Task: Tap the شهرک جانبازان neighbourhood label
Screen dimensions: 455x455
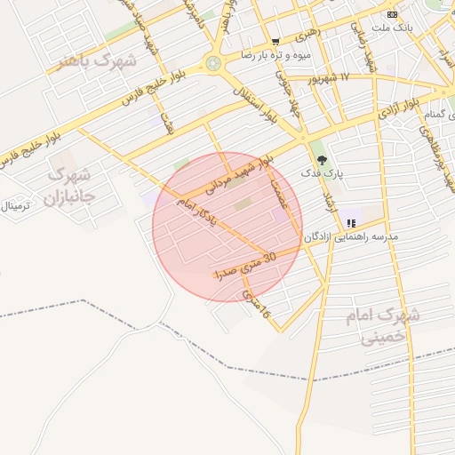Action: pyautogui.click(x=69, y=184)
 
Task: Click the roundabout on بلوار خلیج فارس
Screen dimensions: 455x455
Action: pyautogui.click(x=213, y=63)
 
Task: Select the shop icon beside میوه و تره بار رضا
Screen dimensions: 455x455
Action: pyautogui.click(x=275, y=41)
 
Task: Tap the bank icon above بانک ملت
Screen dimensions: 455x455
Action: pyautogui.click(x=392, y=14)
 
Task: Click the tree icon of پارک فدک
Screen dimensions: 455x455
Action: pyautogui.click(x=322, y=159)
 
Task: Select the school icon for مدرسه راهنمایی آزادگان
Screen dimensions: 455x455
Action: pyautogui.click(x=352, y=223)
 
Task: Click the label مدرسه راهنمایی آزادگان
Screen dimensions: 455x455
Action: pyautogui.click(x=351, y=237)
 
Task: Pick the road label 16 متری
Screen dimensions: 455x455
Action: pyautogui.click(x=259, y=304)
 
